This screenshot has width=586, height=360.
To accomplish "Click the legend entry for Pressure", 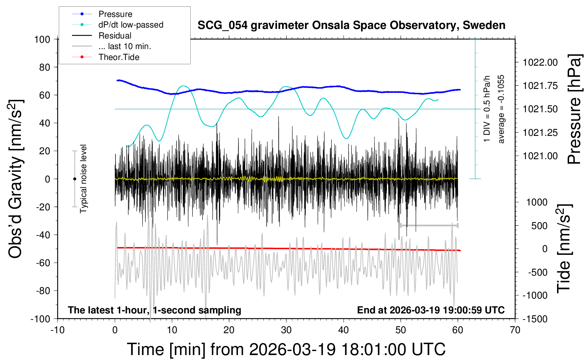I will (115, 14).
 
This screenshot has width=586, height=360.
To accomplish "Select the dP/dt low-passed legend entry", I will (131, 25).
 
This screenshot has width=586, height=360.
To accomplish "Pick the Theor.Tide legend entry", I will (119, 57).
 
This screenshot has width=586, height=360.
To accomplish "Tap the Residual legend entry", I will (115, 36).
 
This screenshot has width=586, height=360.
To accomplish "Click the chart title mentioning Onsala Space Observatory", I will (351, 25).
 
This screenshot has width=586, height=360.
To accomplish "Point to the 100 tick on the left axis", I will (42, 39).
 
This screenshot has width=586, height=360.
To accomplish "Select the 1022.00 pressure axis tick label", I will (540, 62).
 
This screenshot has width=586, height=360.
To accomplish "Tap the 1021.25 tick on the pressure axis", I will (540, 133).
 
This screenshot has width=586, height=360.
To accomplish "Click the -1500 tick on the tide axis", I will (535, 319).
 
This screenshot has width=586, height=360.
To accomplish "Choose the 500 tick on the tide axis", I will (539, 226).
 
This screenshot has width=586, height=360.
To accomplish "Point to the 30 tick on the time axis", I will (286, 330).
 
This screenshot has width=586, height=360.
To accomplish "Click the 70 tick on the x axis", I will (515, 330).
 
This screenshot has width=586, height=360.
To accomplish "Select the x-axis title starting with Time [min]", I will (286, 349).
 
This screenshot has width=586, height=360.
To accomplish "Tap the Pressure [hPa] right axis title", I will (574, 109).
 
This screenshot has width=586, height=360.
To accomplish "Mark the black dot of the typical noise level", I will (74, 179).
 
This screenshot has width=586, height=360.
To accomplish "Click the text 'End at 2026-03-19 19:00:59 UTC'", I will (431, 310).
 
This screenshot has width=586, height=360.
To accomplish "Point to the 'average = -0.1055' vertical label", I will (501, 109).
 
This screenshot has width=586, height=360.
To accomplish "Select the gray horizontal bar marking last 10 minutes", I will (429, 225).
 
